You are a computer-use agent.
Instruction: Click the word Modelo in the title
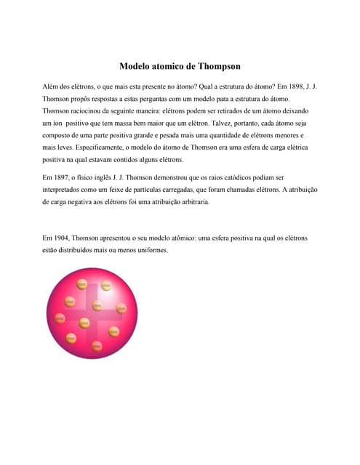coord(135,66)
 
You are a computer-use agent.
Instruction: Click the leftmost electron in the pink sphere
coord(60,318)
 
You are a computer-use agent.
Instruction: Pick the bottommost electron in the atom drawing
coord(96,344)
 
